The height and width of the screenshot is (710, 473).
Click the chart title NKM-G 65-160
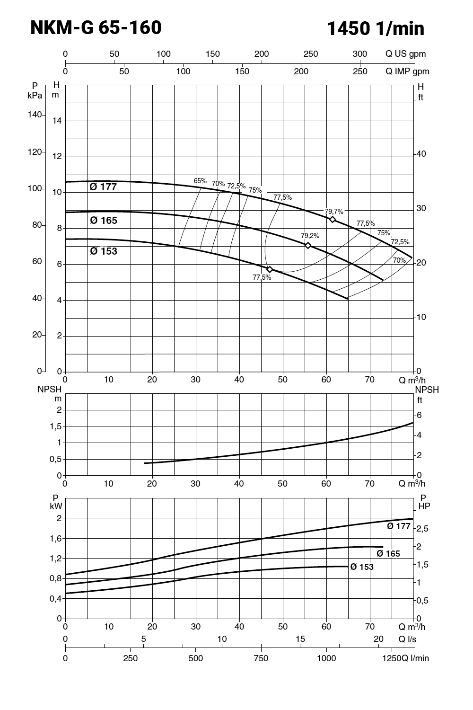pos(96,28)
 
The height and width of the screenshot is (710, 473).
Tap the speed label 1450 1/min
pos(376,29)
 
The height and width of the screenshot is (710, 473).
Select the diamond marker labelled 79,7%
pos(333,220)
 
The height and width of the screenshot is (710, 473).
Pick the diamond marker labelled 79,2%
pos(308,245)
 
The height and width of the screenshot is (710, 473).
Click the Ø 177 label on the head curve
pos(103,187)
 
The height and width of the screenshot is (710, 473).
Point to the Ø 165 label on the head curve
pos(104,221)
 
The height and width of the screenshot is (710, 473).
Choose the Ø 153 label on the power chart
pos(362,567)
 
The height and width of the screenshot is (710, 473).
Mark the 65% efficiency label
pos(200,181)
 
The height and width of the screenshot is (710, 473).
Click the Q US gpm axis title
pos(405,54)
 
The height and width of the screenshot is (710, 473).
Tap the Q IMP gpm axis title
pos(407,71)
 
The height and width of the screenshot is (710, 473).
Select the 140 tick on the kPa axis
pos(35,115)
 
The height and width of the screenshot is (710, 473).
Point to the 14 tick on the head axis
pos(57,121)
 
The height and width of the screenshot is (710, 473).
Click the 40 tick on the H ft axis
pos(421,154)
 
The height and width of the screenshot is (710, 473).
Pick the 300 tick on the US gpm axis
pos(360,54)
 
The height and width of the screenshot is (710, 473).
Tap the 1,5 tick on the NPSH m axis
pos(56,426)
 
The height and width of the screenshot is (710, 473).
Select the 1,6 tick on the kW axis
pos(56,539)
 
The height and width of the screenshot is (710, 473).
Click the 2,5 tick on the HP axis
pos(423,529)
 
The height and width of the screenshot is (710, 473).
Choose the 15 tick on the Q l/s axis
pos(300,639)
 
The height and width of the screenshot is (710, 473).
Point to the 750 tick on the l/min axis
pos(261,658)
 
